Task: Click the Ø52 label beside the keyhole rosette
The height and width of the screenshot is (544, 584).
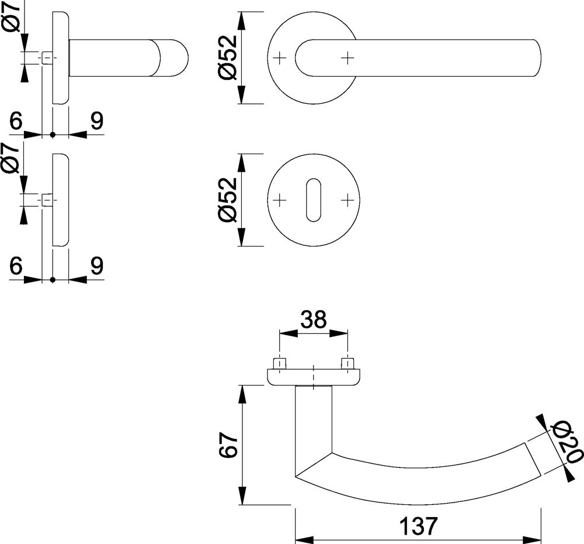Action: [x=227, y=200]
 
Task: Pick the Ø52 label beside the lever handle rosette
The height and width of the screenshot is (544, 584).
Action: [x=227, y=58]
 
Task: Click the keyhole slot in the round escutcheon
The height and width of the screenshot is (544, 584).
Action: [x=314, y=200]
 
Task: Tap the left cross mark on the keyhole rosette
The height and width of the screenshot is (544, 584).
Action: [x=280, y=200]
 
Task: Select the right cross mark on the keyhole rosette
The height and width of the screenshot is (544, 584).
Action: [x=347, y=200]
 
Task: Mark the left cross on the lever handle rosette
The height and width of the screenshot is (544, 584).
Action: [x=280, y=58]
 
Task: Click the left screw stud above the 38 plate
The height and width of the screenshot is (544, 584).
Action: [x=280, y=363]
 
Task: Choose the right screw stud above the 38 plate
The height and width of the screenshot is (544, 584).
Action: [x=348, y=363]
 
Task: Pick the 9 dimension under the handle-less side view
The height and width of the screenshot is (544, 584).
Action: [x=96, y=266]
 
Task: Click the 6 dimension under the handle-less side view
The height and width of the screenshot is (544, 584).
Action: [x=16, y=266]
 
